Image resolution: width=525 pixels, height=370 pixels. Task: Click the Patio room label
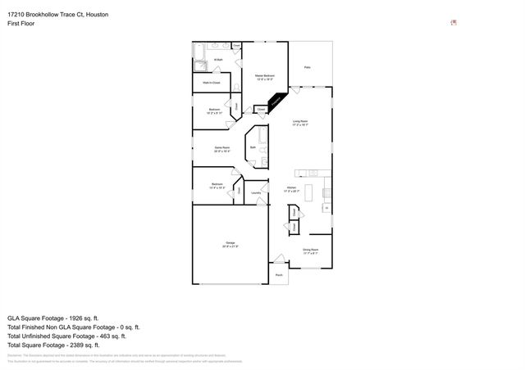[x=308, y=67]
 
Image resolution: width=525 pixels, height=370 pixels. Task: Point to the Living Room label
[x=300, y=123]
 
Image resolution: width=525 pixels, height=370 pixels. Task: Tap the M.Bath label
[x=219, y=60]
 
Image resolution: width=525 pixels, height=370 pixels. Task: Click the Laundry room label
[x=256, y=193]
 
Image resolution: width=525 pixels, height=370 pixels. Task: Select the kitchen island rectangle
[x=311, y=193]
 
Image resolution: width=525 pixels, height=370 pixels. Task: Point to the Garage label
[x=230, y=244]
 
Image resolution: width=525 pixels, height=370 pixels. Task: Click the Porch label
[x=279, y=275]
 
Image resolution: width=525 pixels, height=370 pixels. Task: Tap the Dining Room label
[x=310, y=250]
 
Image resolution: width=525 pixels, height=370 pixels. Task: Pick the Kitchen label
[x=291, y=188]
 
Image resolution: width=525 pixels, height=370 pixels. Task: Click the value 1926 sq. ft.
[x=84, y=316]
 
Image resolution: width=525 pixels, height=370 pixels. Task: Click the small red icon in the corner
[x=454, y=23]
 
